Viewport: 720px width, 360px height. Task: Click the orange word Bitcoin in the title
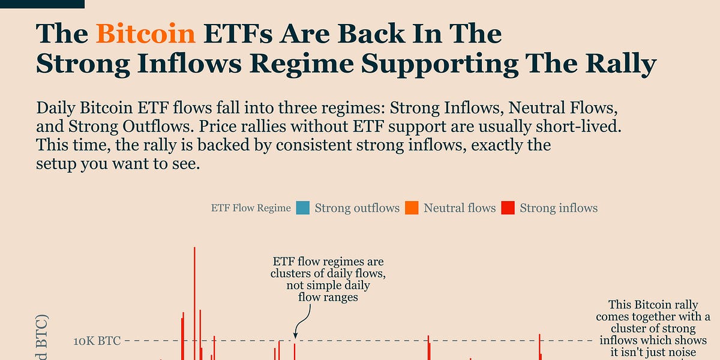[x=146, y=34]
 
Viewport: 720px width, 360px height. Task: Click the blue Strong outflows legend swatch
[x=303, y=208]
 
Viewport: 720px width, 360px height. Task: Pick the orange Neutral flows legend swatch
[x=412, y=208]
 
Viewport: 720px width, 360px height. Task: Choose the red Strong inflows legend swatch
[x=508, y=208]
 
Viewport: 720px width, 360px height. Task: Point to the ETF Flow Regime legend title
[x=251, y=208]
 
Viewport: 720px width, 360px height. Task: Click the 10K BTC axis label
[x=97, y=341]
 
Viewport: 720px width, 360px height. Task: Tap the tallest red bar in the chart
[x=194, y=300]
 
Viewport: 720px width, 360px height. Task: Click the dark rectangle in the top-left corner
[x=42, y=4]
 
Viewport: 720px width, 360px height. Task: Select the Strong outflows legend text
[x=357, y=208]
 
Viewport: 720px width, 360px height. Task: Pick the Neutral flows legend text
[x=460, y=208]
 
